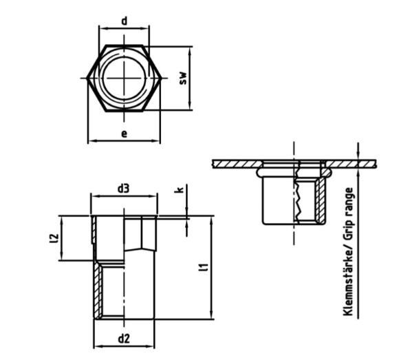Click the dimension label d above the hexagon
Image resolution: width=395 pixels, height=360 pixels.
coord(124,21)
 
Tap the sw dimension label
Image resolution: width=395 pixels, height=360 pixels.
coord(183,78)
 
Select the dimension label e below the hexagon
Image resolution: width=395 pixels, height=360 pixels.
coord(124,133)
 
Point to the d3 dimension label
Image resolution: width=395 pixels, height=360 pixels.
coord(124,187)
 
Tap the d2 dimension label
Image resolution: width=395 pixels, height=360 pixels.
coord(124,338)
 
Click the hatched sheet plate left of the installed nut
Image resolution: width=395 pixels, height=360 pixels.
coord(234,163)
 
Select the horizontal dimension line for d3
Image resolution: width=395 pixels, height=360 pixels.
coord(124,195)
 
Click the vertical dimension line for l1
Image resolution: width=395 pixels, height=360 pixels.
coord(211,267)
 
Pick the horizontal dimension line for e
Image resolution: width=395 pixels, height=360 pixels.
coord(124,140)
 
